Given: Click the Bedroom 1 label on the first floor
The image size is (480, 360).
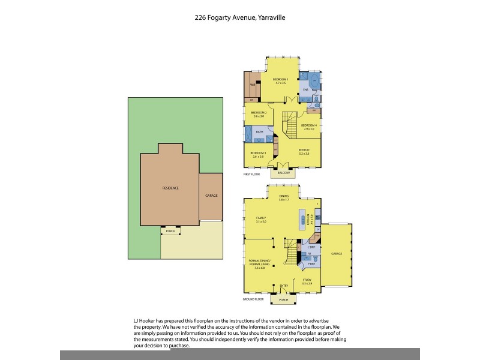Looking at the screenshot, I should click(x=281, y=80).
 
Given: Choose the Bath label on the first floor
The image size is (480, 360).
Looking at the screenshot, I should click(x=259, y=131).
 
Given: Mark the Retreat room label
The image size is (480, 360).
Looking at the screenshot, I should click(x=304, y=151).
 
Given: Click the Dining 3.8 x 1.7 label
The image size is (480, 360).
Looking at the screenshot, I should click(x=284, y=197).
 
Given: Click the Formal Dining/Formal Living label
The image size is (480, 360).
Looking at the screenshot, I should click(x=259, y=263).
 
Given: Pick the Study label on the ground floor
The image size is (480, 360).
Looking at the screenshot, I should click(x=307, y=280).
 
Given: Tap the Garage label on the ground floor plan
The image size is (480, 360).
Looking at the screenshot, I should click(x=336, y=254).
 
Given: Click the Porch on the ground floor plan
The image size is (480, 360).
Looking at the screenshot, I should click(x=284, y=299).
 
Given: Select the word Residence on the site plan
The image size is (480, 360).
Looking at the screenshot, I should click(x=170, y=188).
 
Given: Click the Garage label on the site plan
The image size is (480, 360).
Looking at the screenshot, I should click(x=211, y=196).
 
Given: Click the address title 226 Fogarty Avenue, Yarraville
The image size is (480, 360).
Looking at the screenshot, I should click(x=240, y=18).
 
